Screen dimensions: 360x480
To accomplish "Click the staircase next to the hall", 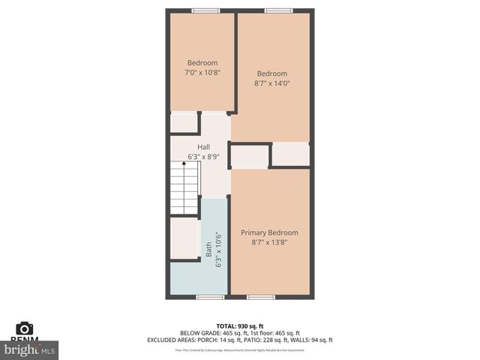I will (x=184, y=190).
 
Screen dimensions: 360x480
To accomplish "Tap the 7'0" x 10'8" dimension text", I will (x=202, y=73).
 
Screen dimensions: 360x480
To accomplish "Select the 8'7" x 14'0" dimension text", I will (x=271, y=83).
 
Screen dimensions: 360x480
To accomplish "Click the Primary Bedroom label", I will (x=269, y=232).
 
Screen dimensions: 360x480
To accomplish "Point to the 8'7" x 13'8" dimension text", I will (x=269, y=242).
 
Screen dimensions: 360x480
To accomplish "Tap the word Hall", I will (x=203, y=147).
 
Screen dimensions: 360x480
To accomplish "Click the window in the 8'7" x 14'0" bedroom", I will (x=274, y=10).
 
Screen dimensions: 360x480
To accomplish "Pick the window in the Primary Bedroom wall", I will (x=261, y=297).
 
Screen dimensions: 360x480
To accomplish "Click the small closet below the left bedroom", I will (x=184, y=123).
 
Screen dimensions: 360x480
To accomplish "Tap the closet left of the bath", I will (x=184, y=238).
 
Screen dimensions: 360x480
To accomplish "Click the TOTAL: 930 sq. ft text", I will (x=240, y=325).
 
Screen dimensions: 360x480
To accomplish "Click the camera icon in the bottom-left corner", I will (x=25, y=328).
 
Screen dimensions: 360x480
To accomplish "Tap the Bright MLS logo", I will (x=30, y=349).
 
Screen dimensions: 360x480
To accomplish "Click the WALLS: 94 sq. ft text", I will (x=313, y=340).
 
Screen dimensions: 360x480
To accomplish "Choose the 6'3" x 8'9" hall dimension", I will (x=203, y=157).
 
